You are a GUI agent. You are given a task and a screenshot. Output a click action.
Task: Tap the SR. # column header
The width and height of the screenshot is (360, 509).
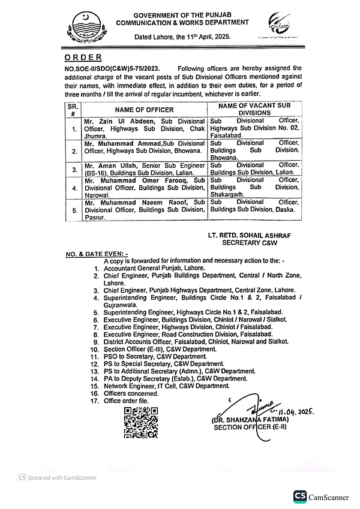72,110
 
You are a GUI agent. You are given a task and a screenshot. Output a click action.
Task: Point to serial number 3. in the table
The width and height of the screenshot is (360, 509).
74,170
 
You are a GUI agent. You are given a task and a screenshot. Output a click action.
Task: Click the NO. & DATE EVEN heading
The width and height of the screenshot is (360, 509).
92,254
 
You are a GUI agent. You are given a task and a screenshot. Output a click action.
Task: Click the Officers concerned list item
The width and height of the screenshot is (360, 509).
131,393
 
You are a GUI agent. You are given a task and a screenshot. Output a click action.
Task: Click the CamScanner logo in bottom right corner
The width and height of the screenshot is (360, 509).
321,496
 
